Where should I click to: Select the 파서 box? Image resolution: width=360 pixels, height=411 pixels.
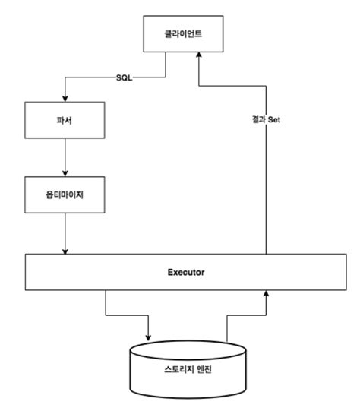(x=65, y=122)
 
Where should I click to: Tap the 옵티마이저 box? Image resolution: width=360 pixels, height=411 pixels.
(x=65, y=196)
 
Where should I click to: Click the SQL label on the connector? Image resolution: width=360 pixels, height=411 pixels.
(x=125, y=77)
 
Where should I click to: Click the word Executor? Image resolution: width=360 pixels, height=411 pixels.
(x=186, y=271)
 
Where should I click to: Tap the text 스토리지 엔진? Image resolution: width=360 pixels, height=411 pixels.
(x=188, y=370)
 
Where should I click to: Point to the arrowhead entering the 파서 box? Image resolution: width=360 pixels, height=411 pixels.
(x=65, y=99)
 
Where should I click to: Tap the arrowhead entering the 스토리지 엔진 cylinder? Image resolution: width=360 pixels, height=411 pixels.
(x=149, y=337)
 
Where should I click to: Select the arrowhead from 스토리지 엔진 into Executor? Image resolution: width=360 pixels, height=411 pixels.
(x=266, y=293)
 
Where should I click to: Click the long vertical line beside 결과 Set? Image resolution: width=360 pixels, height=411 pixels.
(x=266, y=190)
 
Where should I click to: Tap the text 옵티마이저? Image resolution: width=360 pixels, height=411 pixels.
(x=65, y=196)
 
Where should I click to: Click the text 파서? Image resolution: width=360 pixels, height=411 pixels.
(x=65, y=122)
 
